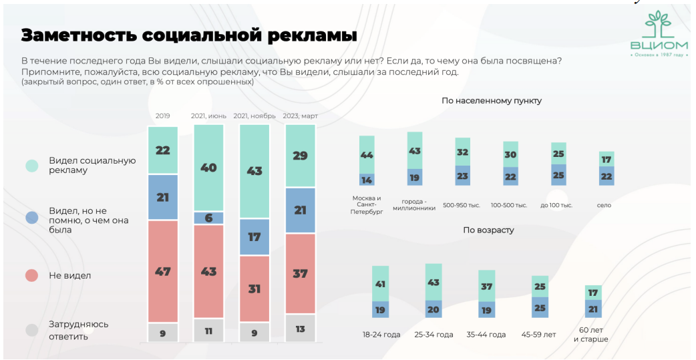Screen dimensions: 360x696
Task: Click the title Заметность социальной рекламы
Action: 188,35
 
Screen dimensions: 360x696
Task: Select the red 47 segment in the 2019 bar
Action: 163,271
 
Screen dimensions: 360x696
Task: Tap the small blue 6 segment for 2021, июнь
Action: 208,218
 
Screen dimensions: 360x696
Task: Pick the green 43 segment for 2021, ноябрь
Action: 254,172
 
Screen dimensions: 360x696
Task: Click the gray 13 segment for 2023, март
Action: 300,328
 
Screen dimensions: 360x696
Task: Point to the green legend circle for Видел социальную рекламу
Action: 31,166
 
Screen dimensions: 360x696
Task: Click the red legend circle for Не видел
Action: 31,275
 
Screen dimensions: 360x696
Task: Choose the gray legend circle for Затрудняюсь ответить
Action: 31,330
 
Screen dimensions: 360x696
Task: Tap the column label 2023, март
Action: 300,116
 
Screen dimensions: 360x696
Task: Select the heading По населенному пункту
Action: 491,101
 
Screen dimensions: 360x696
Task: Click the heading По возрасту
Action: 488,230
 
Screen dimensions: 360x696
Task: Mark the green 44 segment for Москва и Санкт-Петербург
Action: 367,154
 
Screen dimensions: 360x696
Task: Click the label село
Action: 604,205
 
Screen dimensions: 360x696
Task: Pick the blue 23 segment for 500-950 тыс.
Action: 463,175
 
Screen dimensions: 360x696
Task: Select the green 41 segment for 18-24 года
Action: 381,283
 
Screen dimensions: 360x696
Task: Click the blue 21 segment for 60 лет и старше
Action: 593,309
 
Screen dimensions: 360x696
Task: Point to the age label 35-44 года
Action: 486,334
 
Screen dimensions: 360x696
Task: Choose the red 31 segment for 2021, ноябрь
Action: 254,289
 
